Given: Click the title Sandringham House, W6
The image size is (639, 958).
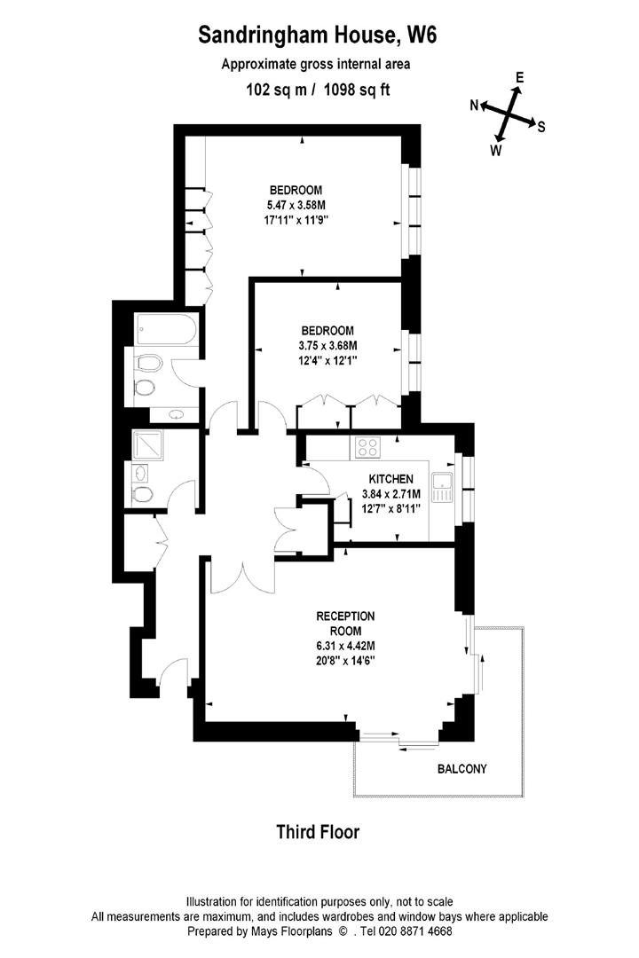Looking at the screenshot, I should click(x=318, y=35).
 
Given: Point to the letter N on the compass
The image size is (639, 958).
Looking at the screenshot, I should click(x=475, y=106).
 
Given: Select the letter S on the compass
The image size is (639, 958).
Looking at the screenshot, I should click(x=541, y=127).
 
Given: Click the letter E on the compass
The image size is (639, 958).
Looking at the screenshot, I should click(x=520, y=78).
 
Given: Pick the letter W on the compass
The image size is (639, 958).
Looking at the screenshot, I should click(x=496, y=151).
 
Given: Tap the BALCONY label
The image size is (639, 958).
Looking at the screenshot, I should click(x=461, y=769).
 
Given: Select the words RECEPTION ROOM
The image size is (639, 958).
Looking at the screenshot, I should click(x=346, y=623).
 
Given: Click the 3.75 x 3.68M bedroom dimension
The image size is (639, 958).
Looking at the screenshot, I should click(x=327, y=346).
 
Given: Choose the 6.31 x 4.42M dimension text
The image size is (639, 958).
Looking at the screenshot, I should click(x=346, y=646).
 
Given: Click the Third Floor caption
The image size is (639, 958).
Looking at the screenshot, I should click(x=318, y=831).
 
